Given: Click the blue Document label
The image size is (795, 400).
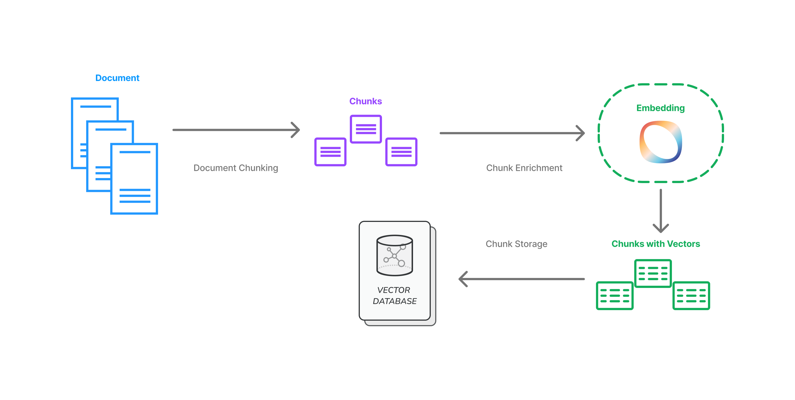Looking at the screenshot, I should (117, 78).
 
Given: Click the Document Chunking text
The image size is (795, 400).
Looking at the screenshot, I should (235, 168).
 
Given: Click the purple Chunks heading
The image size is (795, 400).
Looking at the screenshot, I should (365, 101).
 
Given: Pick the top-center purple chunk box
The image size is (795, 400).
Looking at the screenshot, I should (366, 129).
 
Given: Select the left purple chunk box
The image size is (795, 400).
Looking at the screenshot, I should (330, 152).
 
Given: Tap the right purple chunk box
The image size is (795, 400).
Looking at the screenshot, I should (401, 152).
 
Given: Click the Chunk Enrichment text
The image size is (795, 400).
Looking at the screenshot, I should (524, 168).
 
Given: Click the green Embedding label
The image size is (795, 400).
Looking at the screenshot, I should (661, 108).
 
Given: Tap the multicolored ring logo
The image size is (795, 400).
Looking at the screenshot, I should (661, 142).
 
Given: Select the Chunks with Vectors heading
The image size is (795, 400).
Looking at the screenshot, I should (656, 244).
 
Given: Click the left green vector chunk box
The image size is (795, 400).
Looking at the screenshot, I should (615, 296).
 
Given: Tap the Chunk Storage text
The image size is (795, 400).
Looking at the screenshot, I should (516, 244).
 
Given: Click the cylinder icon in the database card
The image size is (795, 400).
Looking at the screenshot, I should (394, 255).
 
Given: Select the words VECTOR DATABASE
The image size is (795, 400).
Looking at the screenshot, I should (394, 295).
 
